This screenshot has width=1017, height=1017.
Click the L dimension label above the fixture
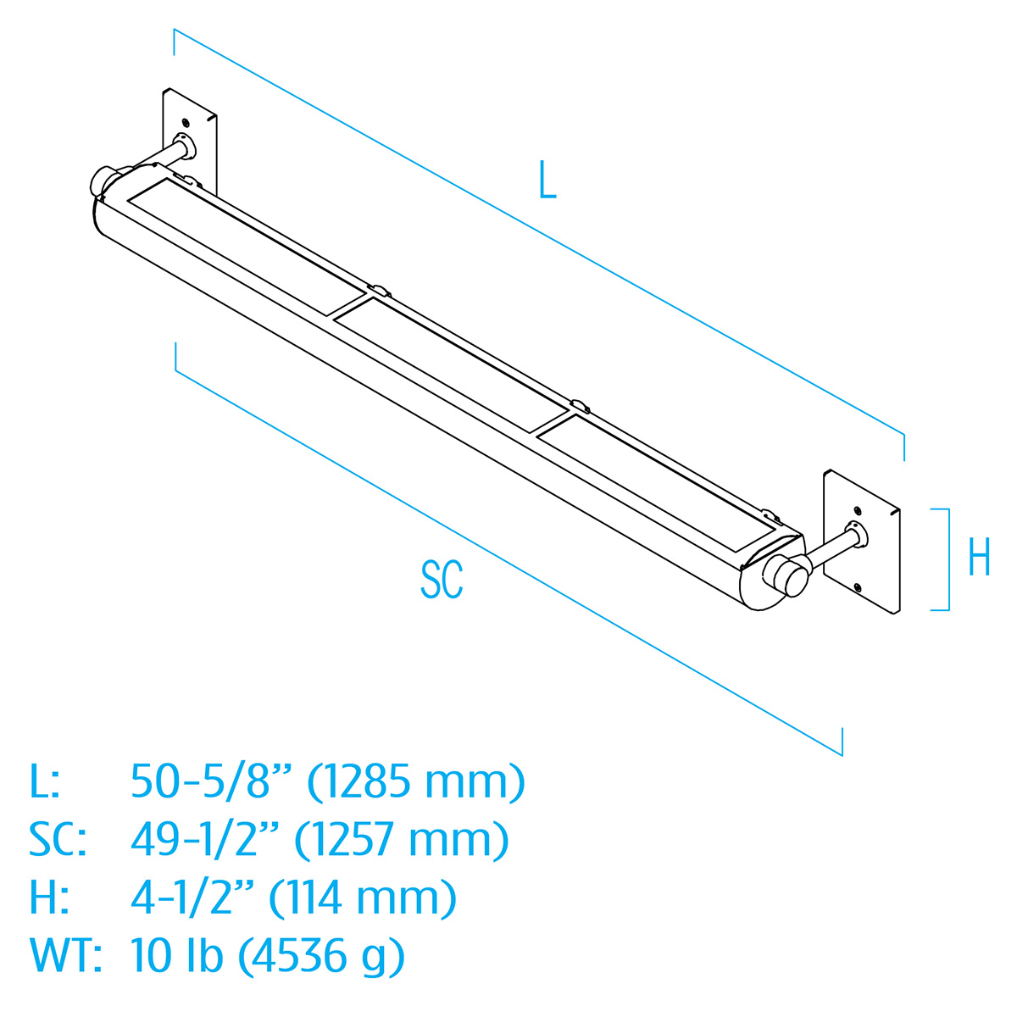point(547,181)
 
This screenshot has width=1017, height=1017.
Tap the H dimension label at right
point(979,559)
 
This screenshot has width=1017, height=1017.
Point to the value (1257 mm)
point(402,839)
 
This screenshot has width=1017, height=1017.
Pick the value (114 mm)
point(363,898)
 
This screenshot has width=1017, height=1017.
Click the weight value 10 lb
point(177,955)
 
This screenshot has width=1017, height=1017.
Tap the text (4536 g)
point(321,956)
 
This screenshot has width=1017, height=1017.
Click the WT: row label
point(65,955)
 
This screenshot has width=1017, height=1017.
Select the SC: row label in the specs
point(58,839)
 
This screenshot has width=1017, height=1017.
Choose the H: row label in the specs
point(47,898)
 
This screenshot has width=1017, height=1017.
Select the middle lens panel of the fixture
point(449,359)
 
